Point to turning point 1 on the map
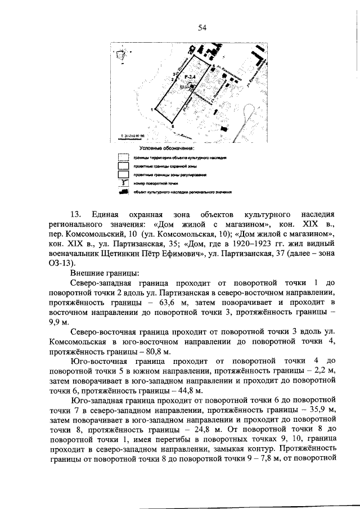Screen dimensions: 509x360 (x=152, y=108)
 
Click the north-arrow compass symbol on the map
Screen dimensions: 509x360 (x=121, y=55)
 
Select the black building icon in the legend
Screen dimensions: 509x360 (x=122, y=192)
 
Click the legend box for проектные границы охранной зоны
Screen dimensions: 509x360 (x=122, y=166)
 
